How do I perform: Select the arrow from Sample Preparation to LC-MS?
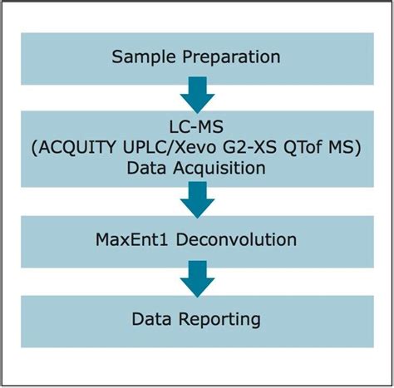pyautogui.click(x=197, y=95)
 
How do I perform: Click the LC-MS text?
pyautogui.click(x=197, y=127)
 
